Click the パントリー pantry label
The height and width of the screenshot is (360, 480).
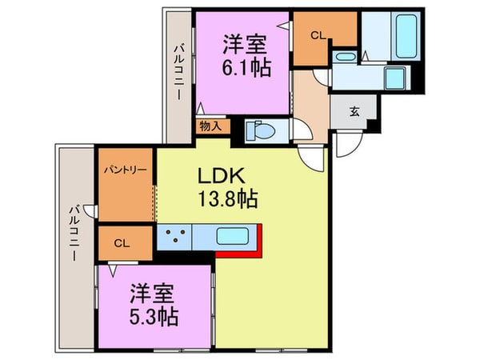[125, 170]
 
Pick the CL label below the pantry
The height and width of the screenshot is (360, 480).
[121, 242]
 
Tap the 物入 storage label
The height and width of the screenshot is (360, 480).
[211, 126]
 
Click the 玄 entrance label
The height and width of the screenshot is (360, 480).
[354, 112]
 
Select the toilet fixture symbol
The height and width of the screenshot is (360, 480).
[259, 130]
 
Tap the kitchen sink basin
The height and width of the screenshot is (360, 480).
[234, 237]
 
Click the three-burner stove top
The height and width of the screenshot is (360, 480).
[175, 237]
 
